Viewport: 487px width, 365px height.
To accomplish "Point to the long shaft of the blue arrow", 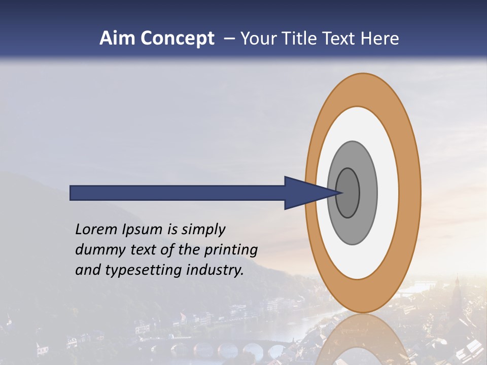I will [x=178, y=193].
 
